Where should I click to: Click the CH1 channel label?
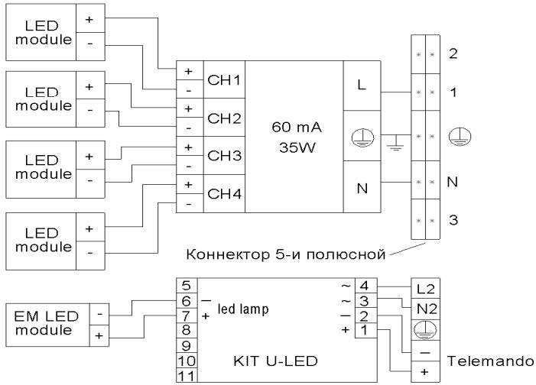tap(224, 80)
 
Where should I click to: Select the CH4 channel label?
tap(224, 194)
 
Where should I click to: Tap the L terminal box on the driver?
tap(362, 86)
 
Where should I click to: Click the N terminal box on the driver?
tap(362, 187)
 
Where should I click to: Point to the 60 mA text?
tap(297, 127)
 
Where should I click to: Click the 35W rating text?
tap(297, 147)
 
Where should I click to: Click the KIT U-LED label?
tap(275, 361)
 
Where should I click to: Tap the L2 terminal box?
tap(425, 289)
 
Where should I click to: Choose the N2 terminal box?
tap(425, 309)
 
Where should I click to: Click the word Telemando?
tap(491, 361)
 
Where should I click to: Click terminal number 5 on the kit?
tap(187, 285)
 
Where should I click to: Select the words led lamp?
tap(243, 309)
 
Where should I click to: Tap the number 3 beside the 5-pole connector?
tap(453, 220)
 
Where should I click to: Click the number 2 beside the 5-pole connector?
tap(453, 53)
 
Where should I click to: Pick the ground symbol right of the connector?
tap(460, 136)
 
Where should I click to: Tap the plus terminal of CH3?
tap(188, 147)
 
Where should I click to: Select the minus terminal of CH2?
tap(188, 128)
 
